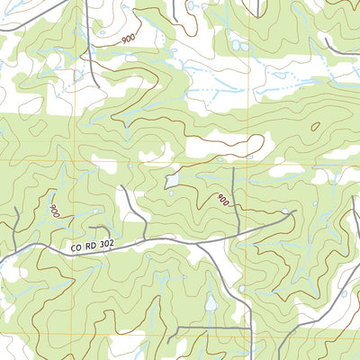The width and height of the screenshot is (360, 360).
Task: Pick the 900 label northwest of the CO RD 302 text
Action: click(56, 211)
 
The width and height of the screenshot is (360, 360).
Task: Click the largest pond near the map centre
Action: click(171, 181)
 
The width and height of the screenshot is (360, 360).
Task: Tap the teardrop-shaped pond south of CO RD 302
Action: click(211, 304)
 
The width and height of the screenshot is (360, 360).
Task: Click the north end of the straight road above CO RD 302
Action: click(233, 167)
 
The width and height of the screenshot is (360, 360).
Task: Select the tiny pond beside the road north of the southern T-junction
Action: click(241, 289)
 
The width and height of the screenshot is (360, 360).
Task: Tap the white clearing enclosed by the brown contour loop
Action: click(225, 144)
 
